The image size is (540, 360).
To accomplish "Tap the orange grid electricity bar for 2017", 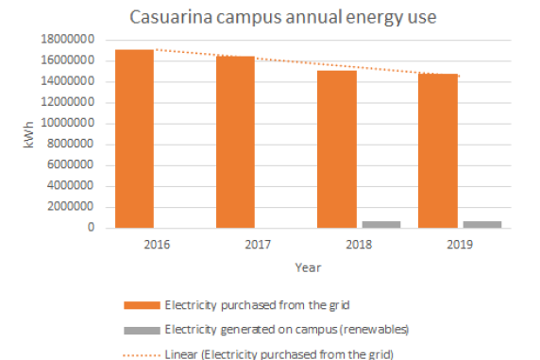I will [x=235, y=142].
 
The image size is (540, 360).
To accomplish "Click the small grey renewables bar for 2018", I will [x=381, y=224].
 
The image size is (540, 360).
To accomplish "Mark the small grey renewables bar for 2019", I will [x=482, y=224].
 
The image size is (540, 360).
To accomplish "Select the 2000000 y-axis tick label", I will [x=70, y=207].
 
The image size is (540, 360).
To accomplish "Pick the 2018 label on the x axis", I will [x=359, y=243].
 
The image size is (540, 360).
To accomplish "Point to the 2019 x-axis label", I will [x=460, y=243].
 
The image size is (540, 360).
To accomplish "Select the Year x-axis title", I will [x=307, y=267].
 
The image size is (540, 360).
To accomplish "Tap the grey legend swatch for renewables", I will [x=142, y=330].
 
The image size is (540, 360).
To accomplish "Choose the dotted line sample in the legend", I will [x=142, y=354].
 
